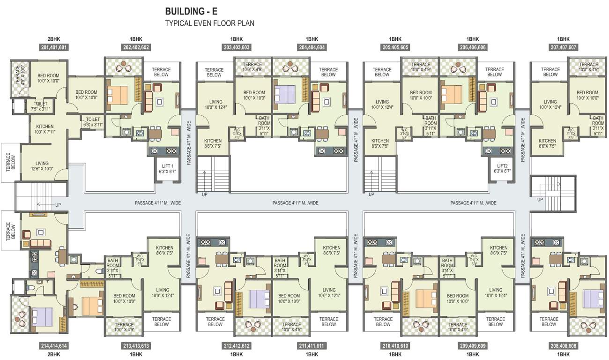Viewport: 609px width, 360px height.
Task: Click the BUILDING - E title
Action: [192, 11]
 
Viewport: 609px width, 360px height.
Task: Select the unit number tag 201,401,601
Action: [54, 47]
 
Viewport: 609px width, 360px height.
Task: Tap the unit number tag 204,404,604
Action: [312, 47]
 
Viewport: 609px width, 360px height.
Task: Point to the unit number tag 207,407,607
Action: [563, 47]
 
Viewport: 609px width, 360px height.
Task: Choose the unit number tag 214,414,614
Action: [54, 346]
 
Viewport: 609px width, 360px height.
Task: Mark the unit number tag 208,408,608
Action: [563, 346]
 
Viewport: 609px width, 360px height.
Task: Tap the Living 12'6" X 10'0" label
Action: [42, 166]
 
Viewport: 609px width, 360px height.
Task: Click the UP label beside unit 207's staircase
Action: [540, 200]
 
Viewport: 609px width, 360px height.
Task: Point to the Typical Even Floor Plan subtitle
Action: [209, 23]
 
